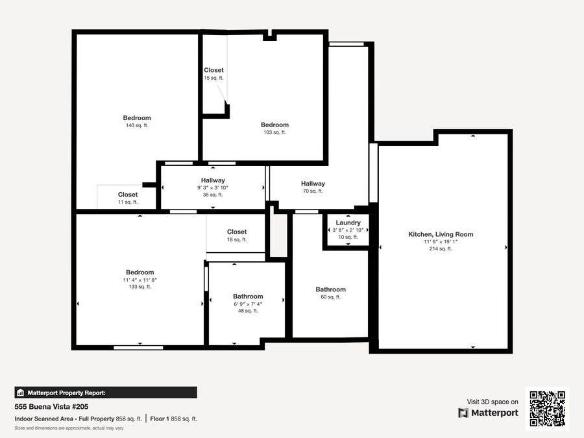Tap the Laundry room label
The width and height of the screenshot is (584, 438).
pyautogui.click(x=348, y=223)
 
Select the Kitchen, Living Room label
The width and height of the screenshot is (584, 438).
pyautogui.click(x=441, y=234)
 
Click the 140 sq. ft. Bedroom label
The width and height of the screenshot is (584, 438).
pyautogui.click(x=137, y=118)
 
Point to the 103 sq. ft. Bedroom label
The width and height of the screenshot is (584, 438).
pyautogui.click(x=274, y=125)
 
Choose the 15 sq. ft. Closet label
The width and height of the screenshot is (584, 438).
pyautogui.click(x=213, y=70)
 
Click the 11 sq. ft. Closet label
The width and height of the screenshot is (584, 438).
pyautogui.click(x=128, y=195)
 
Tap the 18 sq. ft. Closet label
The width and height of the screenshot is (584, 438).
pyautogui.click(x=237, y=232)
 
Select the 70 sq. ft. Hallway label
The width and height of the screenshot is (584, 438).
pyautogui.click(x=313, y=184)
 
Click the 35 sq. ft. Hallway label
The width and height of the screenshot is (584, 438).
pyautogui.click(x=213, y=180)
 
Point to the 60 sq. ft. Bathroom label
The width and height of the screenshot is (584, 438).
pyautogui.click(x=330, y=289)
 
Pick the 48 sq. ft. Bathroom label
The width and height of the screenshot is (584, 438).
pyautogui.click(x=248, y=297)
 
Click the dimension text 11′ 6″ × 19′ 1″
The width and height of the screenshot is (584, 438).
pyautogui.click(x=441, y=242)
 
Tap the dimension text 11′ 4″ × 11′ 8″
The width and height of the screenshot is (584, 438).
pyautogui.click(x=140, y=280)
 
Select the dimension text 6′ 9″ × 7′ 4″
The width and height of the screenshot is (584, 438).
pyautogui.click(x=248, y=304)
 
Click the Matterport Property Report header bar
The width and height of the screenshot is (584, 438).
pyautogui.click(x=106, y=393)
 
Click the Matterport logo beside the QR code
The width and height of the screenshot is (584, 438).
pyautogui.click(x=488, y=413)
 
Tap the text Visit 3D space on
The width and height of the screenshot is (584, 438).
pyautogui.click(x=493, y=402)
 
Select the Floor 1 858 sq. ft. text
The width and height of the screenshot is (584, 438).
pyautogui.click(x=173, y=419)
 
